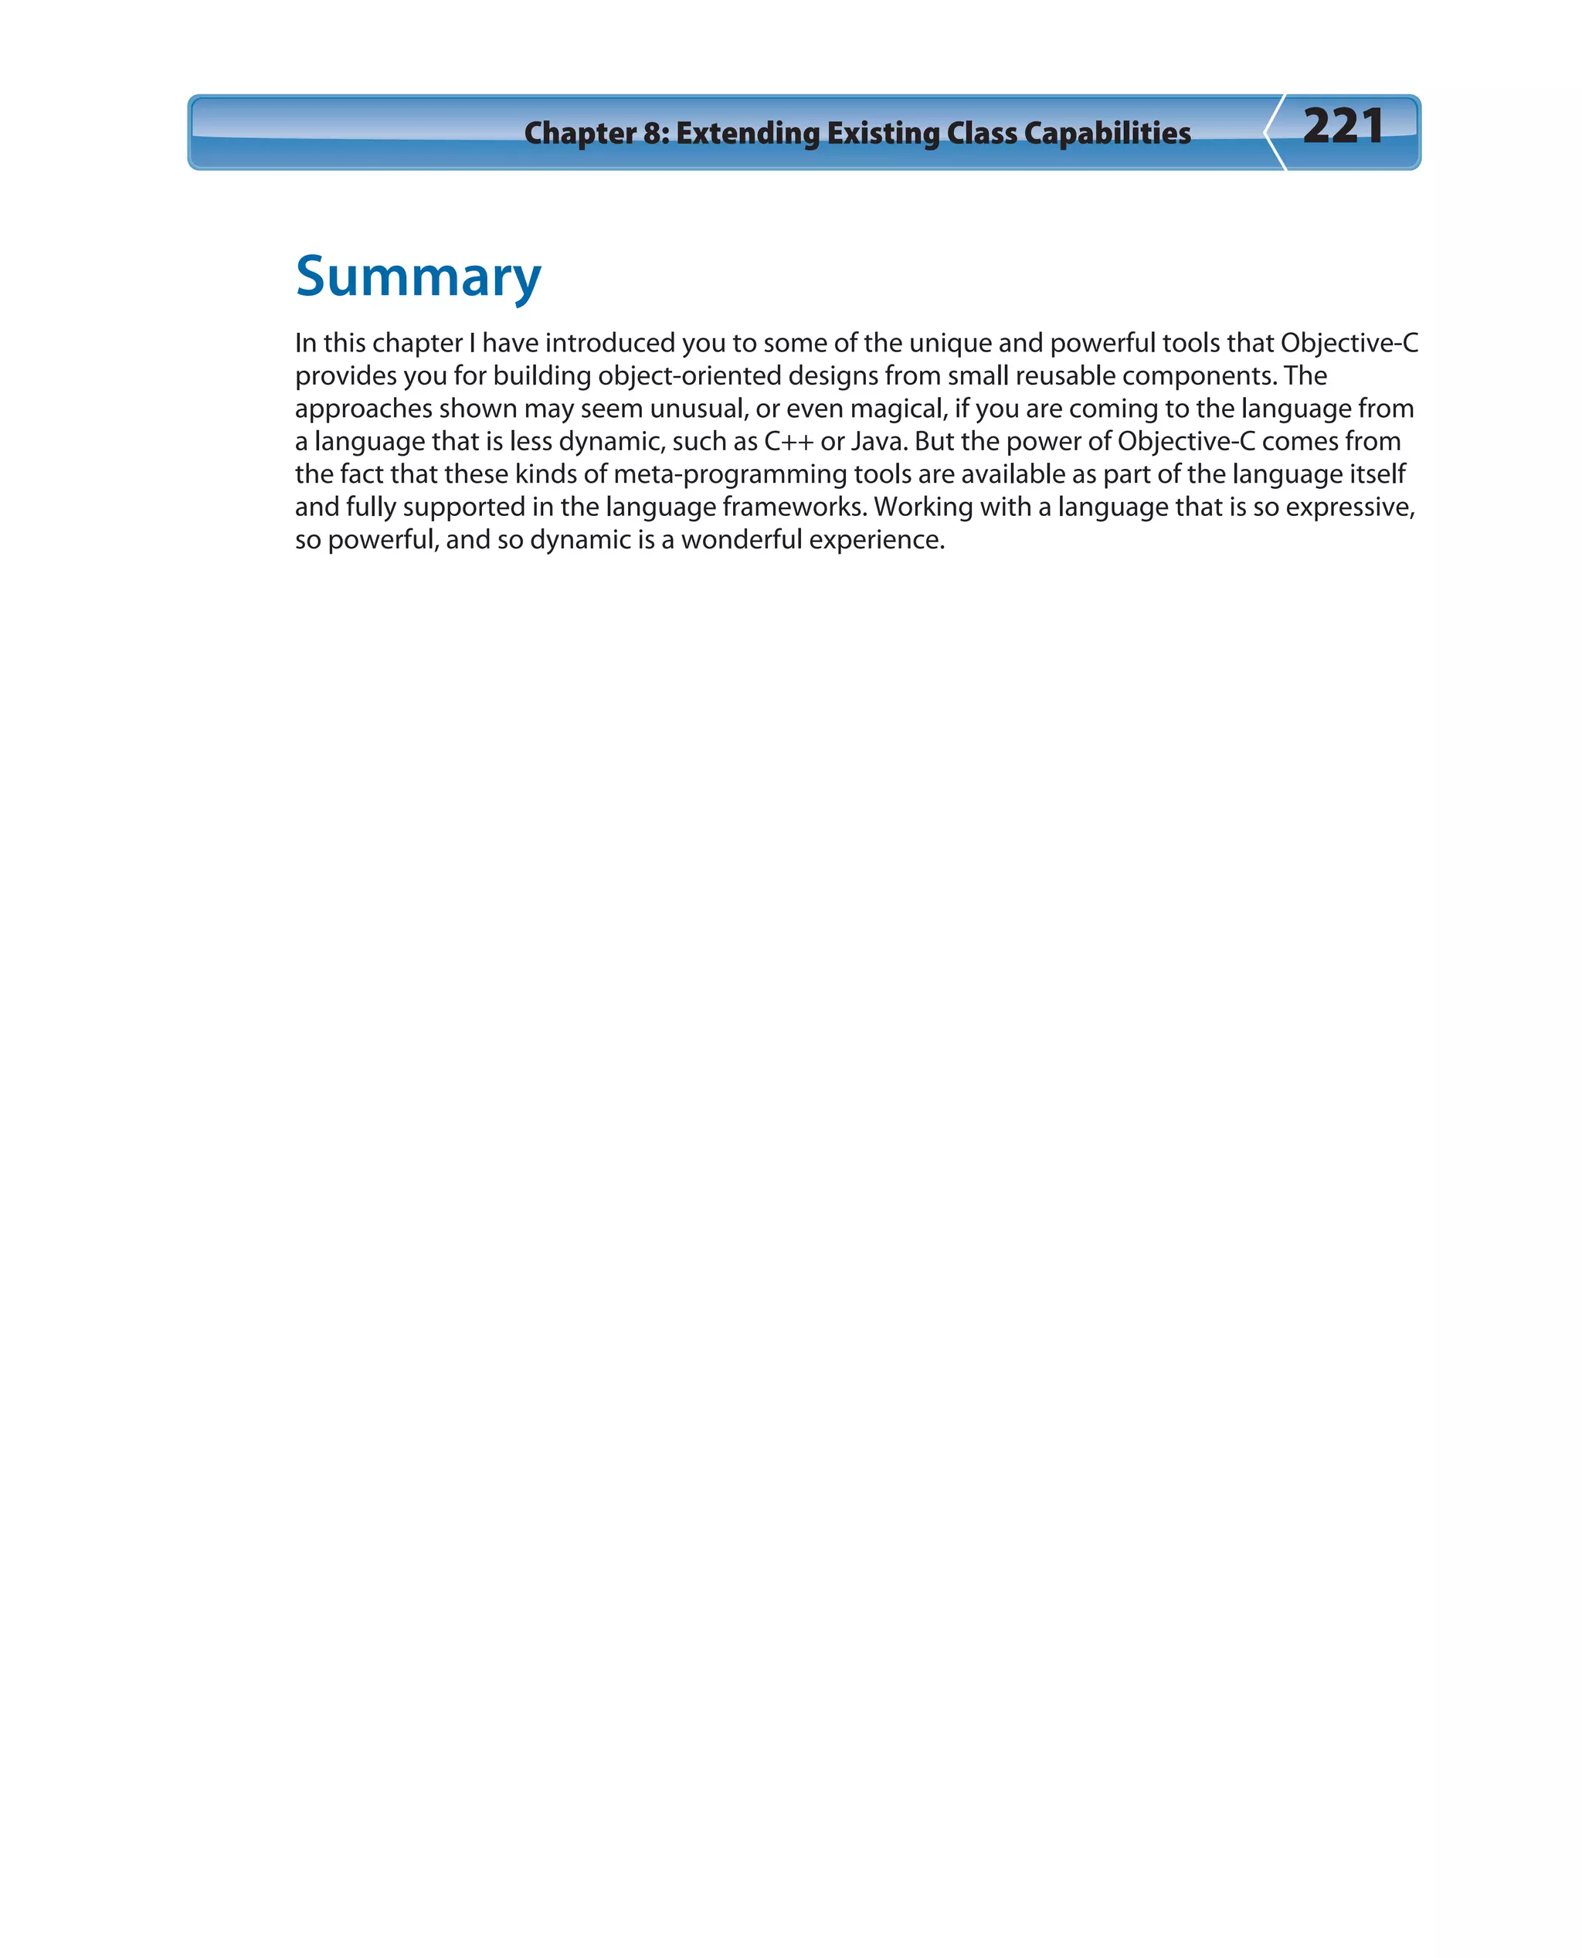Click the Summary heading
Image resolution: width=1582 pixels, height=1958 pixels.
pyautogui.click(x=418, y=278)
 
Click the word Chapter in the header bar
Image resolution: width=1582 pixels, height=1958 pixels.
pyautogui.click(x=579, y=133)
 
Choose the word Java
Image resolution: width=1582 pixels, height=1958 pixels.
pyautogui.click(x=877, y=442)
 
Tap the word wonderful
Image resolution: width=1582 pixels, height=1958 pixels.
pyautogui.click(x=741, y=541)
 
